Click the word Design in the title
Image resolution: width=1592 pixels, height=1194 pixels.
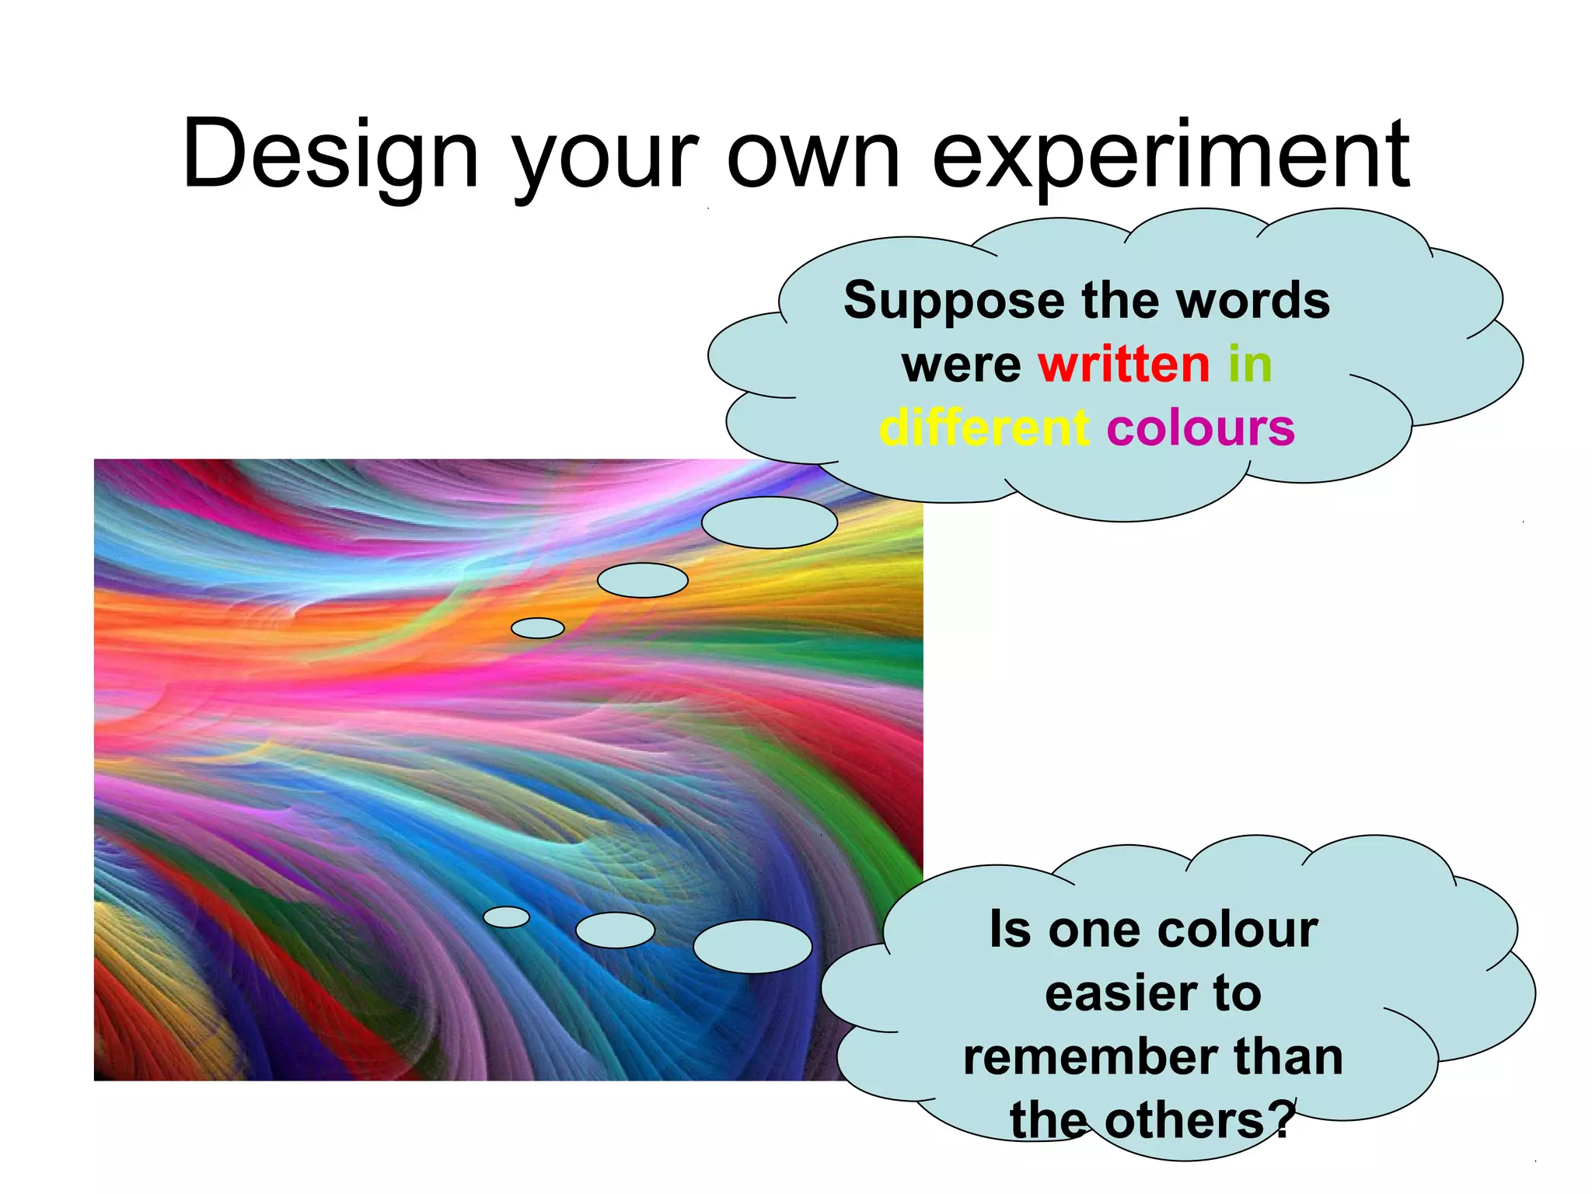[x=330, y=155]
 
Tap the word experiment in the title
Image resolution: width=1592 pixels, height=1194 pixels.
[x=1170, y=155]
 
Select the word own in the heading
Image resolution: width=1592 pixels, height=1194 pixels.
[x=813, y=155]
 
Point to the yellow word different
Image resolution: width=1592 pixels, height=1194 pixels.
[x=984, y=428]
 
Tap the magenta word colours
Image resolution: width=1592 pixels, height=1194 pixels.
[x=1201, y=428]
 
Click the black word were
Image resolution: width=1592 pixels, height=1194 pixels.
[x=962, y=365]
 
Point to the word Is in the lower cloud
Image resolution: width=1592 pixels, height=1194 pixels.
[x=1009, y=930]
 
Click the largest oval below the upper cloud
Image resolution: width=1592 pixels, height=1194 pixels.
[x=769, y=522]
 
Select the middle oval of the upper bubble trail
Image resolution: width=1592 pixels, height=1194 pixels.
[x=642, y=580]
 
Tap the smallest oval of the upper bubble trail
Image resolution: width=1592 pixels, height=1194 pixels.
[x=537, y=628]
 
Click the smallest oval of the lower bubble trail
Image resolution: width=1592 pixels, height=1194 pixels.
[x=506, y=917]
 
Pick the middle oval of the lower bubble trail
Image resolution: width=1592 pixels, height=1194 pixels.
[x=615, y=930]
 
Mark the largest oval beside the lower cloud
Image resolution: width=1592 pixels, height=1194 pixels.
[x=752, y=947]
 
